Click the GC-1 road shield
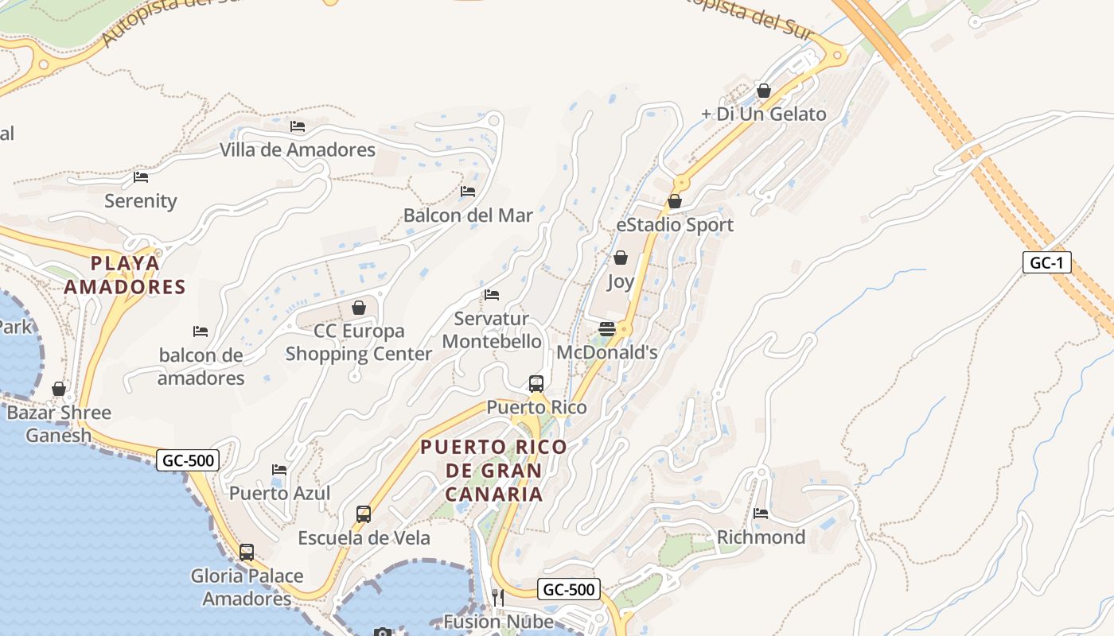(1046, 263)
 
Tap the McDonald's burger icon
(607, 329)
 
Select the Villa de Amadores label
(298, 149)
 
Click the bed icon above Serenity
(141, 177)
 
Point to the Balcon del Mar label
(468, 215)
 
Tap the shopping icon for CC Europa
(359, 308)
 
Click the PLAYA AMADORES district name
(124, 275)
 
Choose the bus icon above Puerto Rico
(536, 384)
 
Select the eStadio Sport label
(675, 225)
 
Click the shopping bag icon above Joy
(621, 258)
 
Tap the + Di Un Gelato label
(764, 114)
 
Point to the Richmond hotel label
(761, 537)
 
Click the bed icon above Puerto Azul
(279, 470)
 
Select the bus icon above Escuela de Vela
(364, 514)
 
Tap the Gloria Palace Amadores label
(247, 587)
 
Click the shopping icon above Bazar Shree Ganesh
(59, 389)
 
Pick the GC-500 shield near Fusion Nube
(569, 589)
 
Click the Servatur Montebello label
(492, 330)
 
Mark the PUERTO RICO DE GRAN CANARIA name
(493, 470)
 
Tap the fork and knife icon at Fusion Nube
(498, 597)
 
